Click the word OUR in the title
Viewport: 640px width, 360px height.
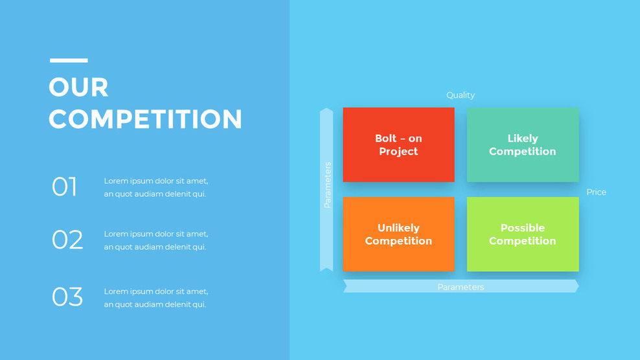[78, 87]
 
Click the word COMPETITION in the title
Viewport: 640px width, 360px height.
[145, 119]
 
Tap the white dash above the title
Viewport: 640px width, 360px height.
[69, 60]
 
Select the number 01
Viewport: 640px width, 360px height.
[64, 187]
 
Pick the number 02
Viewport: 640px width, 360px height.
[67, 240]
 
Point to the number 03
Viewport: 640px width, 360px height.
[67, 297]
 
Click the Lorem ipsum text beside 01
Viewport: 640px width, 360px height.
[156, 187]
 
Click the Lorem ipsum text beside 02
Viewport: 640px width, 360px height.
[156, 240]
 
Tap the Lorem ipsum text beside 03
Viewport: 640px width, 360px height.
[156, 298]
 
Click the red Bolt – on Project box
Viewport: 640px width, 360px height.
[398, 145]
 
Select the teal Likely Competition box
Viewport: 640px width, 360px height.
[523, 145]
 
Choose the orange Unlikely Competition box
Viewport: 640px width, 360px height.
[398, 234]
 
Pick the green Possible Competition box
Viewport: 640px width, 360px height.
[523, 234]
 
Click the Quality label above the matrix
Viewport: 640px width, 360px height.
[461, 95]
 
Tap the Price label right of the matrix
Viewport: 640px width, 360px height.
[596, 192]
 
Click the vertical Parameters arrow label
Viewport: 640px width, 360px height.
[327, 185]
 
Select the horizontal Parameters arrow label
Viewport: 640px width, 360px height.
[461, 287]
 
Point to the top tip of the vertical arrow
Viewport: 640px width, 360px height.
[326, 110]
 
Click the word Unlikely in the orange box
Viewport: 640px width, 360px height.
[398, 228]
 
